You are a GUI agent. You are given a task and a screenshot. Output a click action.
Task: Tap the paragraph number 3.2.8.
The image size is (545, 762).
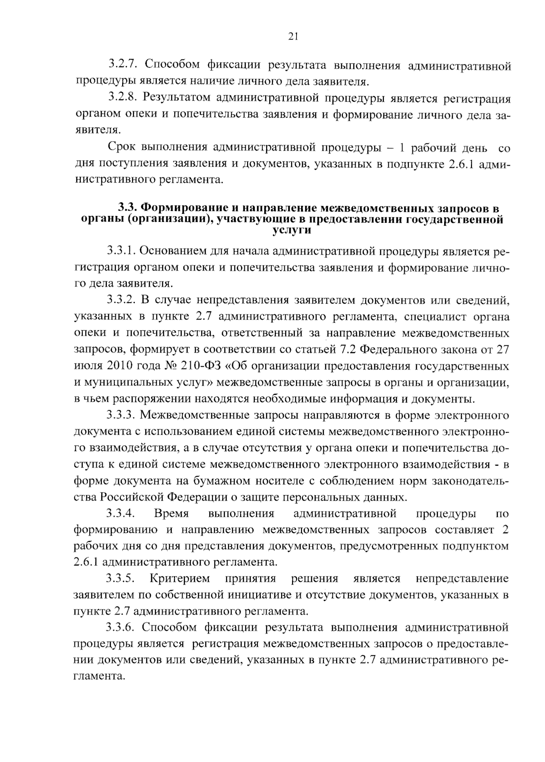[x=122, y=98]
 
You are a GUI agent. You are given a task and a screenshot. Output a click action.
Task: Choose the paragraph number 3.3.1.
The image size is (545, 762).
[x=122, y=251]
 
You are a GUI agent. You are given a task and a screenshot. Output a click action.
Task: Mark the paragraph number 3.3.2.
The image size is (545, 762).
[x=122, y=300]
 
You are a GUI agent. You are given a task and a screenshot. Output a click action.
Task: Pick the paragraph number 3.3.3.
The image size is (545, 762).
[x=122, y=415]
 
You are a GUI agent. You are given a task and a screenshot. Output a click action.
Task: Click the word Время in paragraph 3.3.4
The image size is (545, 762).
[x=172, y=513]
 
